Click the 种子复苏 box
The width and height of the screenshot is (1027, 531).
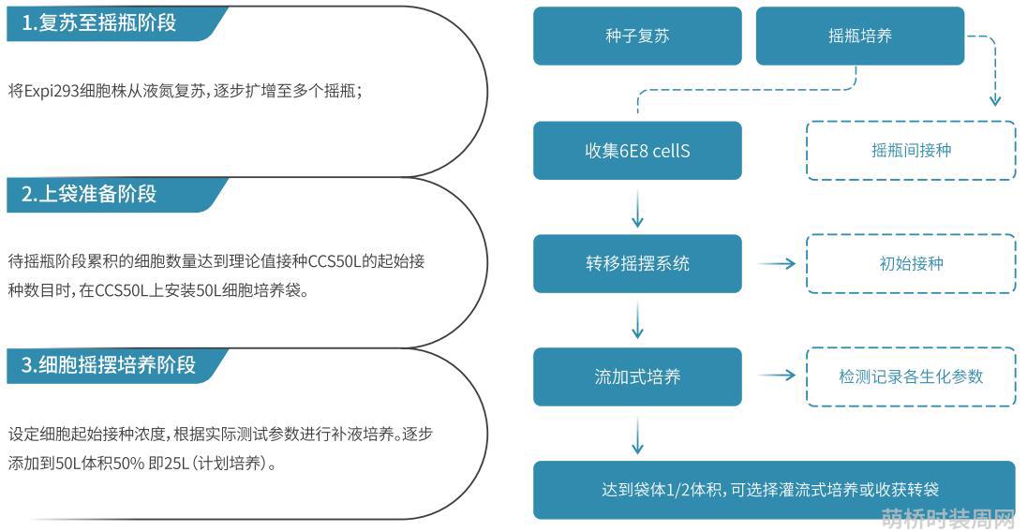point(637,36)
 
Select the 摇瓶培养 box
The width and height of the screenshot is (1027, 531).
point(860,36)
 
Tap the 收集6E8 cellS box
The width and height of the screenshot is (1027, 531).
point(637,151)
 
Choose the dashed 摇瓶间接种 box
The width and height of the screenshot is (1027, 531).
point(911,151)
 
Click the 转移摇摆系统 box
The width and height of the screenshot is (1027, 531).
point(637,264)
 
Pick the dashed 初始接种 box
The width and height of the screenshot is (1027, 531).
point(911,264)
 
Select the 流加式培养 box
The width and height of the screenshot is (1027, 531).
point(637,377)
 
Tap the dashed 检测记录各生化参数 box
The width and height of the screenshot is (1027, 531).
point(911,377)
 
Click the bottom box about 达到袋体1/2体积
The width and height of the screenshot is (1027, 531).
point(775,491)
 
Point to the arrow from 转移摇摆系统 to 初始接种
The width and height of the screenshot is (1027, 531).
point(777,264)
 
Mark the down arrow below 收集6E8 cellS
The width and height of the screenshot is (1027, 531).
point(637,208)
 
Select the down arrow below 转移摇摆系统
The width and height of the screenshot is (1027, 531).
point(637,321)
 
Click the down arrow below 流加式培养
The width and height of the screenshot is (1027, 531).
point(637,435)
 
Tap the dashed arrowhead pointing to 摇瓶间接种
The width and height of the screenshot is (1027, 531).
point(995,100)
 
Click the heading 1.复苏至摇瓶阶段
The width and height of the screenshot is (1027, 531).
point(99,23)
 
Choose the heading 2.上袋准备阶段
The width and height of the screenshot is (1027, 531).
point(89,195)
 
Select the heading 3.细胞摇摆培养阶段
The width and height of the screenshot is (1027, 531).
point(109,364)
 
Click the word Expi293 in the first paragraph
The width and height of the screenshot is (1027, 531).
point(52,92)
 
